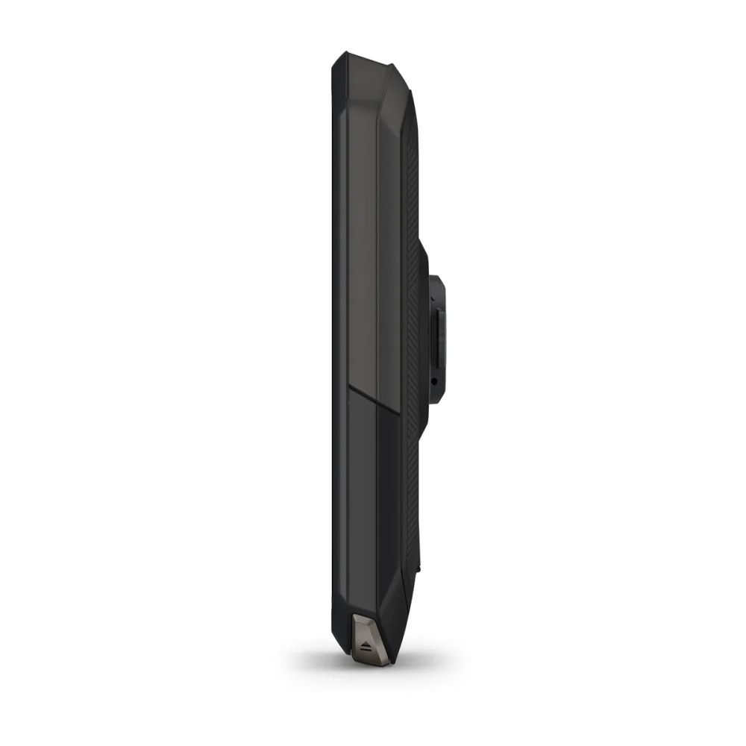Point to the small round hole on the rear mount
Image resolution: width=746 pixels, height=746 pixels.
[x=433, y=381]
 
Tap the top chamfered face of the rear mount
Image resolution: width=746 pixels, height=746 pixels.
[x=436, y=282]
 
